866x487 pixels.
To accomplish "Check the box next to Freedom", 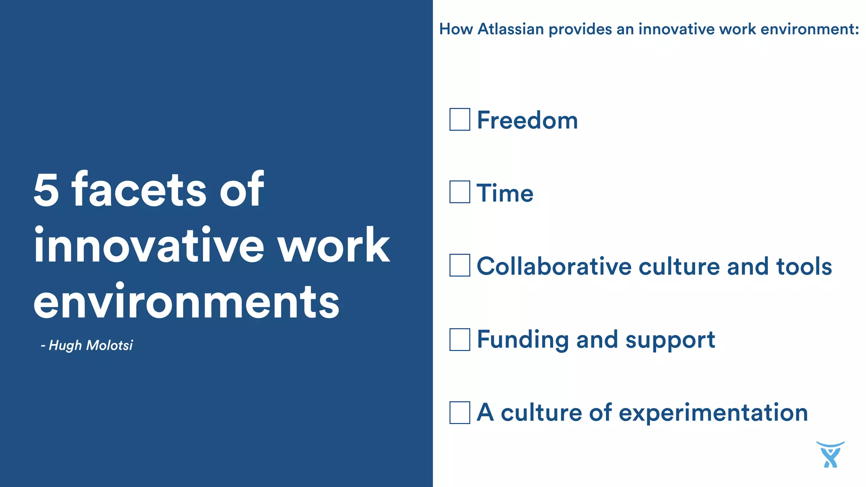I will (x=460, y=119).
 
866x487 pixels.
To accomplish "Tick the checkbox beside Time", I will (x=460, y=192).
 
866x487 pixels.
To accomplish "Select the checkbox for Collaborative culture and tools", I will (x=460, y=265).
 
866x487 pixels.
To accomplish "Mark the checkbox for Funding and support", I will (x=460, y=339).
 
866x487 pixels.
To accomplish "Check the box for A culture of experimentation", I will (x=460, y=413).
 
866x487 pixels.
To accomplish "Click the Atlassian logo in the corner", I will (x=830, y=454).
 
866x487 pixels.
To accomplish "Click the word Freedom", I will (x=527, y=120).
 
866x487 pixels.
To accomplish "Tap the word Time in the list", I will (x=505, y=193).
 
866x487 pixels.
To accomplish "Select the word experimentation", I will (x=713, y=413).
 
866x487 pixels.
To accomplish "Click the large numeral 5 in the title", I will (x=46, y=190).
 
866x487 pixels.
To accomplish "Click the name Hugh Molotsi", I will (x=90, y=345).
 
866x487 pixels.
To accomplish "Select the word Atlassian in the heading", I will (x=510, y=29).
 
